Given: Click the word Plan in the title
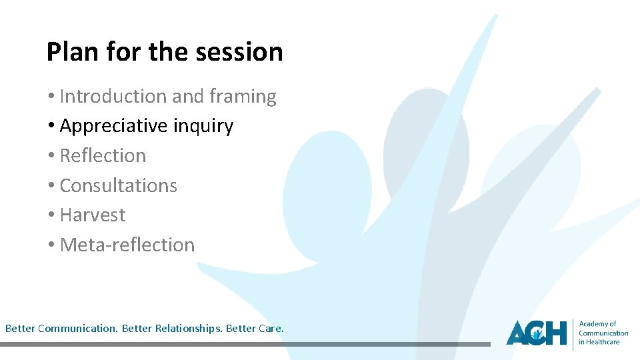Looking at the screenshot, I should [69, 51].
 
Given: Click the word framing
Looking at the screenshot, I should [243, 97].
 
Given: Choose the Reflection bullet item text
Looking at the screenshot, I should [103, 155].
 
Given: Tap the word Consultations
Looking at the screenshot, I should [119, 185].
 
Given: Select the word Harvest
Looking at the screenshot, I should [93, 215].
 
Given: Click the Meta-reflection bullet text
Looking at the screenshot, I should [127, 245].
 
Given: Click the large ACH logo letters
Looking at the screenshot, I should [536, 332].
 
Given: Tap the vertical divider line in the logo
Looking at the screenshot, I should [573, 333].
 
